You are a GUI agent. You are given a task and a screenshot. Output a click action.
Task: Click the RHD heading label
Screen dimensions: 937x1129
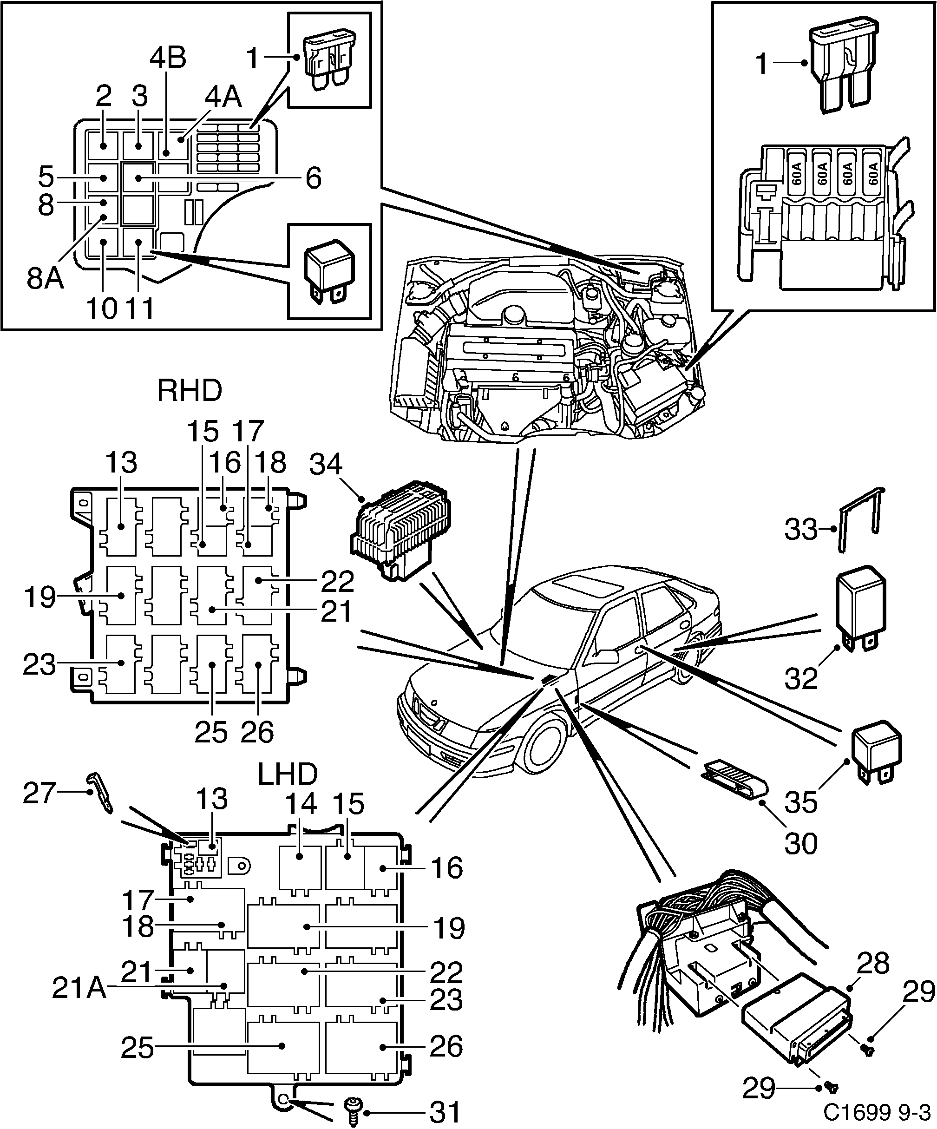tap(189, 391)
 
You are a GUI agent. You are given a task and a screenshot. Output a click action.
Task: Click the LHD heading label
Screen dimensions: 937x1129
tap(288, 774)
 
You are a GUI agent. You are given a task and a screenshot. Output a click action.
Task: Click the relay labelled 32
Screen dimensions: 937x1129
tap(860, 605)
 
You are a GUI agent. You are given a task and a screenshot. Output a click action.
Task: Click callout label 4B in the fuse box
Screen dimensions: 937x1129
tap(168, 58)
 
